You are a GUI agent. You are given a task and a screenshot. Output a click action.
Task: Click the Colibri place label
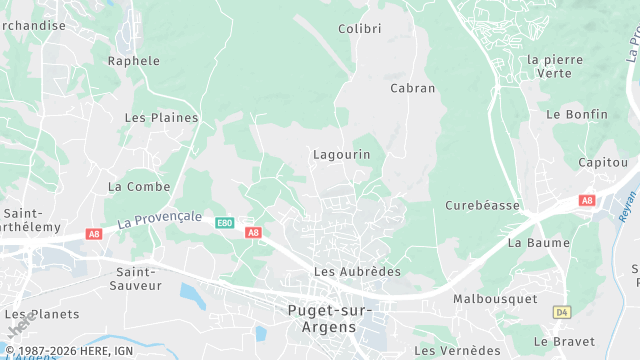point(360,29)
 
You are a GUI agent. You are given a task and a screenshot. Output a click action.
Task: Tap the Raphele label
point(134,61)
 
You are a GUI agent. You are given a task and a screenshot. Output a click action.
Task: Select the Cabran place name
point(413,88)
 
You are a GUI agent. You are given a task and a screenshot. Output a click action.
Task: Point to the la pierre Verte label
point(554,66)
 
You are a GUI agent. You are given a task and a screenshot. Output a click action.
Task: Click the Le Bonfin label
point(577,115)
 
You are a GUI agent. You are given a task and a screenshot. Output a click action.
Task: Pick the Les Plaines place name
point(161,118)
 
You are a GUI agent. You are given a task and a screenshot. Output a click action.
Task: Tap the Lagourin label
point(342,155)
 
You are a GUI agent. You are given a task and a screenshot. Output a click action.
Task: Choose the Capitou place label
point(603,162)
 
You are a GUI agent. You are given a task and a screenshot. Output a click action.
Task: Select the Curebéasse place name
point(483,206)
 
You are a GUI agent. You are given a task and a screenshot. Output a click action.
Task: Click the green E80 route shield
point(225,223)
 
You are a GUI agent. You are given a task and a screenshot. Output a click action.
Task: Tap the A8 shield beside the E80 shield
point(253,233)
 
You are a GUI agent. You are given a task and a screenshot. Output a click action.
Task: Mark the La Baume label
point(539,243)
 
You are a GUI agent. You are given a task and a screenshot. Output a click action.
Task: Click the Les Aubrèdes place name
point(357,272)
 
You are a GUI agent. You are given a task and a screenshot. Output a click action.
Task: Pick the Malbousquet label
point(495,299)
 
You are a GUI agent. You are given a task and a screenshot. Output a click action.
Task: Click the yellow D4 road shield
point(561,313)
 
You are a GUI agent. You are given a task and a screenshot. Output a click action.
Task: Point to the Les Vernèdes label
point(457,351)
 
